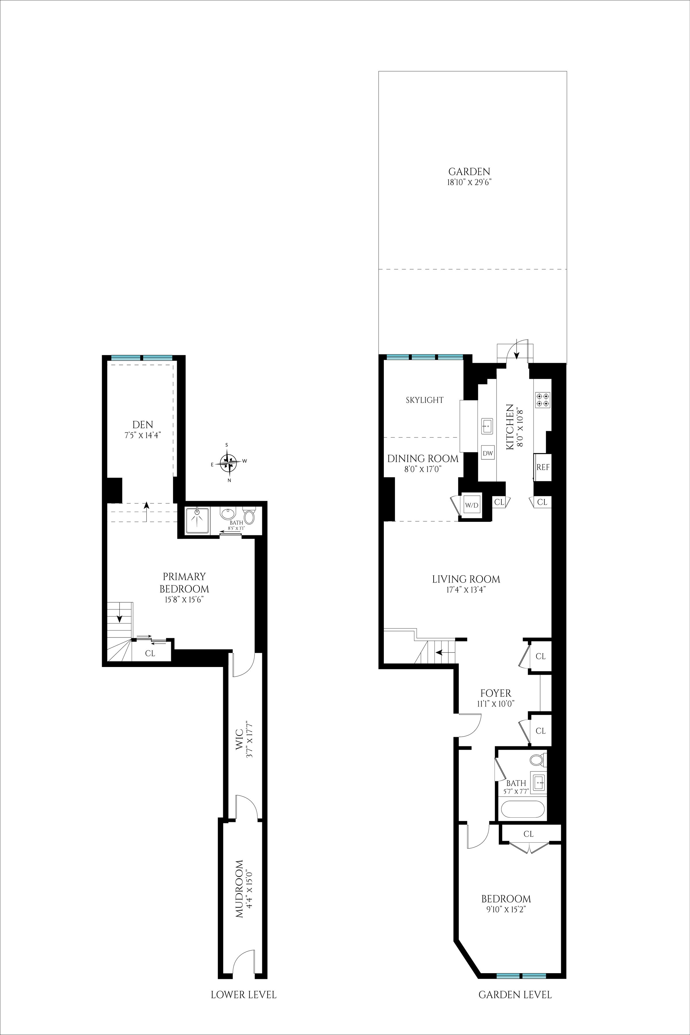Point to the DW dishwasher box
tap(487, 453)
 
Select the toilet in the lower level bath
tap(249, 516)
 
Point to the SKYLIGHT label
tap(425, 400)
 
